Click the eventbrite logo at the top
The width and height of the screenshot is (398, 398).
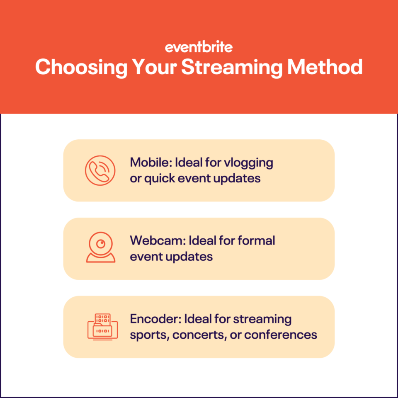pyautogui.click(x=199, y=48)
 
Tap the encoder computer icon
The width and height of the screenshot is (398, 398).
pyautogui.click(x=102, y=327)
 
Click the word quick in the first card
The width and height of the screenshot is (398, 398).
pyautogui.click(x=160, y=178)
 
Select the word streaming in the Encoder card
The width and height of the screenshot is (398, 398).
pyautogui.click(x=262, y=320)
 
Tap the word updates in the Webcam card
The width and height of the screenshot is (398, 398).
pyautogui.click(x=191, y=257)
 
